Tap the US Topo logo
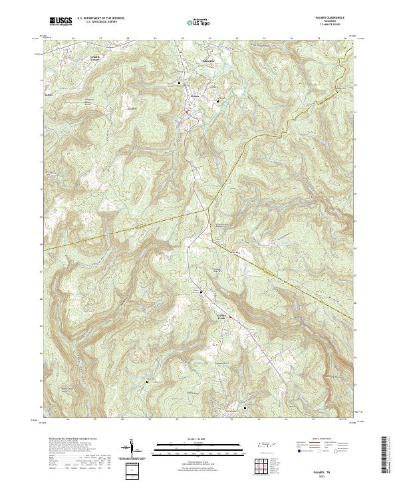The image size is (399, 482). point(197,22)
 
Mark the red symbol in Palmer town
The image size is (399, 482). point(188,112)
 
